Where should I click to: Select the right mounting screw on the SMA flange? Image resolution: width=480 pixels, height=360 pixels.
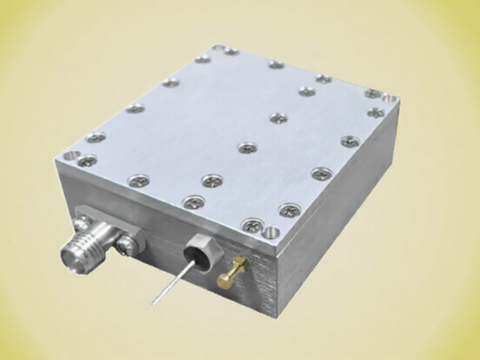click(123, 246)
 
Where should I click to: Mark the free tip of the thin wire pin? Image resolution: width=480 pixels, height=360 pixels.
click(151, 305)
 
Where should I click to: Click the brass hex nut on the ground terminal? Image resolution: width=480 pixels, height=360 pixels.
click(235, 263)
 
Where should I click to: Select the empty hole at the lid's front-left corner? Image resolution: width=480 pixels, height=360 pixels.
click(72, 153)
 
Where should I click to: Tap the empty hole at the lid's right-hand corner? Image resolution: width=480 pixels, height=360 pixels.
click(389, 97)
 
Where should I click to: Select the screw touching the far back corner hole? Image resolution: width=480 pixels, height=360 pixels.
click(231, 52)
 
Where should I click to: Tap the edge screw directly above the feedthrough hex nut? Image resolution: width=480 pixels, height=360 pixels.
click(192, 201)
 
